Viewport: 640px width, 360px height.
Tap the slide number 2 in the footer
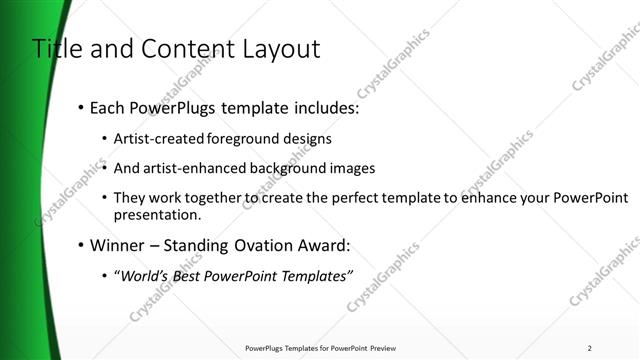(x=590, y=348)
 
